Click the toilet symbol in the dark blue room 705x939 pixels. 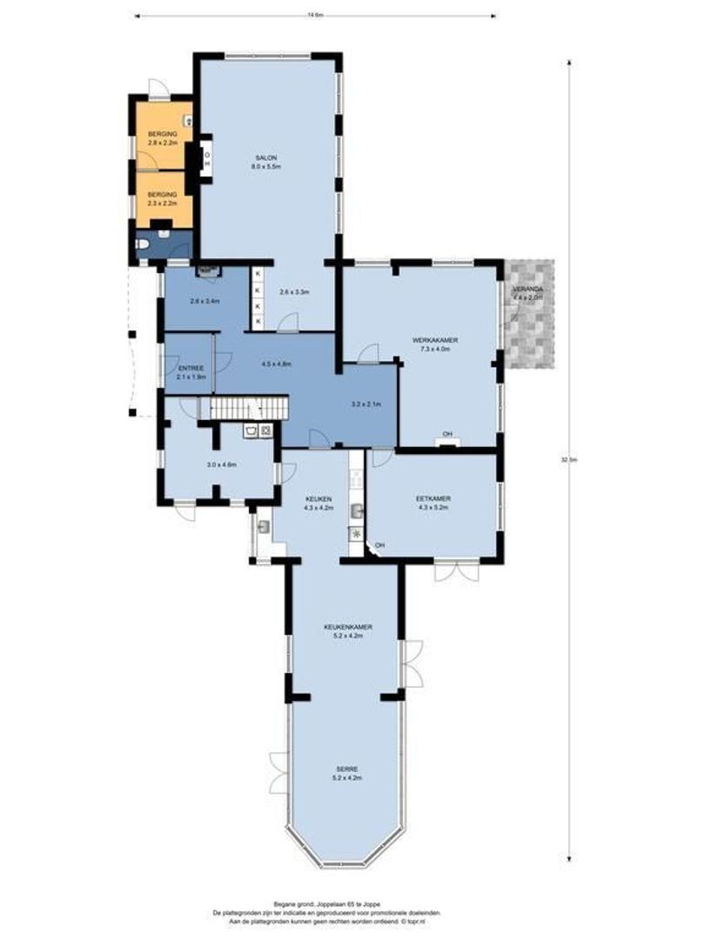[145, 247]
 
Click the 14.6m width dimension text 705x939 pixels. [315, 15]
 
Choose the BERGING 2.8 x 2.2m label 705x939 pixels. [163, 138]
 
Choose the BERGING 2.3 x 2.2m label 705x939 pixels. [163, 198]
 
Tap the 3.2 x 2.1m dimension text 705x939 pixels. [366, 404]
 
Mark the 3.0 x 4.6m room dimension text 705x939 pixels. [222, 465]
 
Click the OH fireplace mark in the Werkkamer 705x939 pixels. [447, 434]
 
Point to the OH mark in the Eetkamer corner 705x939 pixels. [379, 545]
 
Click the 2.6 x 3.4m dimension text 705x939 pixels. [205, 302]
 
